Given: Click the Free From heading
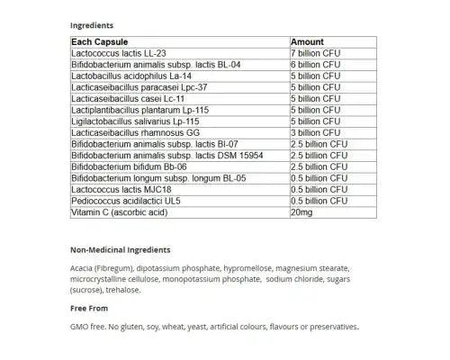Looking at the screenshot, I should [x=88, y=309].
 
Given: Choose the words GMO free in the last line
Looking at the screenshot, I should [x=87, y=327].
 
